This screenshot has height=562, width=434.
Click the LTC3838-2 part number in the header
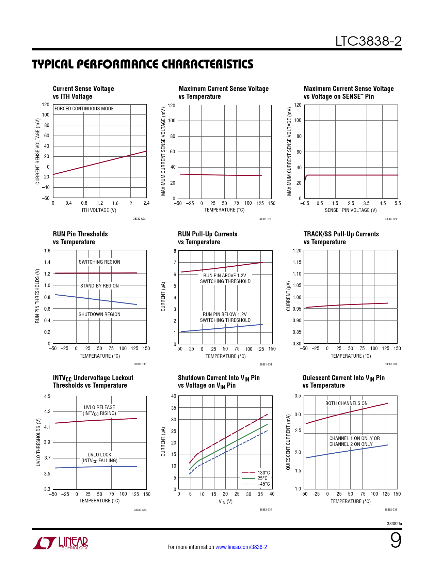(x=368, y=41)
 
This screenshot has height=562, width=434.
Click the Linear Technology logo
(x=61, y=543)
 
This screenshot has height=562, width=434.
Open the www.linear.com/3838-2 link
(x=241, y=547)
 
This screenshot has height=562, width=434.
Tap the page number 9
(x=396, y=541)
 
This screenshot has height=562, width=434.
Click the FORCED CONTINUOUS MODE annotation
(x=84, y=109)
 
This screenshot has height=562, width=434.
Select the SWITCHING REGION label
(x=99, y=262)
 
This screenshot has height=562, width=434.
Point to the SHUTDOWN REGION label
(x=99, y=314)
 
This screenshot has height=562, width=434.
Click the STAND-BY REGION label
(x=99, y=286)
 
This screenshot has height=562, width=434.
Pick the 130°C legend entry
(x=263, y=473)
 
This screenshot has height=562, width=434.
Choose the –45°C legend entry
(x=263, y=484)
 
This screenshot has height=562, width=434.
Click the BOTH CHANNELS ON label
(x=347, y=403)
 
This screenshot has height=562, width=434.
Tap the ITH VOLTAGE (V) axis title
(x=99, y=210)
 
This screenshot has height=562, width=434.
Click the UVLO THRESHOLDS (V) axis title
(x=38, y=442)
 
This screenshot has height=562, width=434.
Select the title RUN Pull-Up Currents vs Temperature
(x=208, y=238)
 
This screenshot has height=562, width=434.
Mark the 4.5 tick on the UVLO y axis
(x=47, y=396)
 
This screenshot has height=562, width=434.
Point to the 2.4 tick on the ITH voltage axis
(x=146, y=203)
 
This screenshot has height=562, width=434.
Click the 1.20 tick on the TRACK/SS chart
(x=297, y=251)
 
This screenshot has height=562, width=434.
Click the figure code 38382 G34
(x=266, y=510)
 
